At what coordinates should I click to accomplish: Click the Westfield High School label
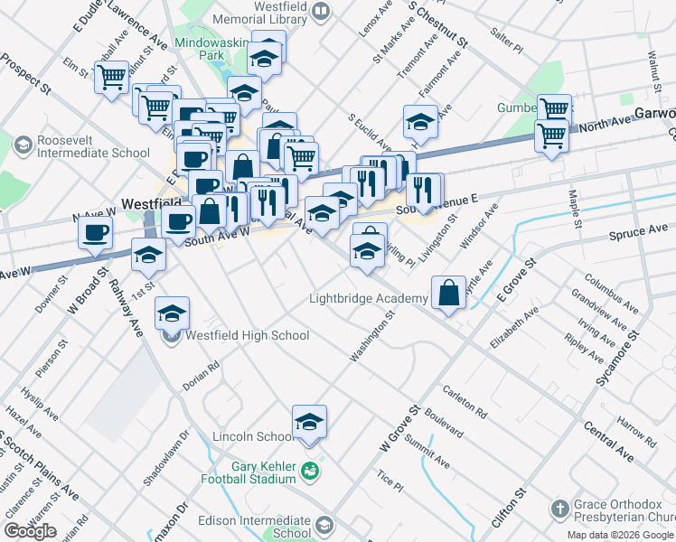click(247, 336)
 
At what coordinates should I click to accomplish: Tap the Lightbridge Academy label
click(368, 298)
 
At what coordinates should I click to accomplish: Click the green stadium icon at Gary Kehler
click(310, 471)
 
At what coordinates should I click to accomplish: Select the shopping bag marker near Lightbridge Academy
click(449, 293)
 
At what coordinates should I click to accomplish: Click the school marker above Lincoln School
click(309, 421)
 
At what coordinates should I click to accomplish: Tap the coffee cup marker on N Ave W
click(94, 233)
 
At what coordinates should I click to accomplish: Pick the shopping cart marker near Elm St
click(111, 79)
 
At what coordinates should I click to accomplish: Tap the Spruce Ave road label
click(639, 232)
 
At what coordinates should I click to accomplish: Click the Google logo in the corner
click(30, 531)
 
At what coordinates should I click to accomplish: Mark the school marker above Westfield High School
click(172, 313)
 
